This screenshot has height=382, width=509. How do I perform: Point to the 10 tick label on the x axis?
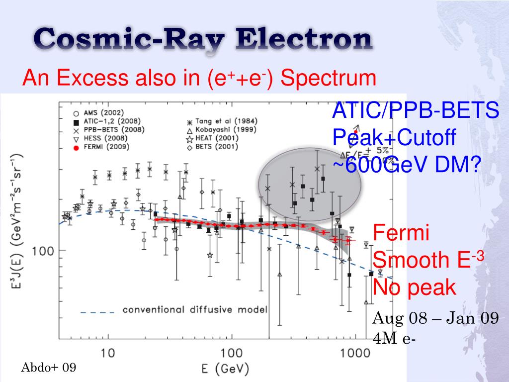point(107,354)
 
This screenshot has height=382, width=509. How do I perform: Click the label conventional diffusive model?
point(195,310)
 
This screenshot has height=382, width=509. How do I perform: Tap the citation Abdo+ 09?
point(48,368)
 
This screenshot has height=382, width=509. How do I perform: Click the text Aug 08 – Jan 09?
point(435,318)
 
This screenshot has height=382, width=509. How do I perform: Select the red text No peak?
point(414,287)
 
